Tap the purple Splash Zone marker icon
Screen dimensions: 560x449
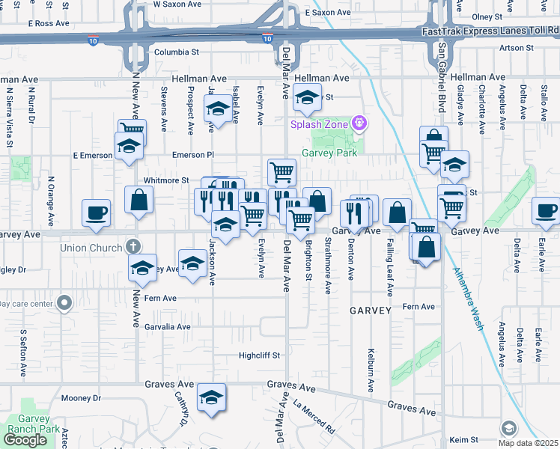[359, 121]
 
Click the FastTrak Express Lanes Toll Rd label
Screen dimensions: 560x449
[490, 31]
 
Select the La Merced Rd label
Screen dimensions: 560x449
[314, 416]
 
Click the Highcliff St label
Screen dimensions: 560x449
[259, 355]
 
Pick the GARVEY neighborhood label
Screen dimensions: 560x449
[370, 310]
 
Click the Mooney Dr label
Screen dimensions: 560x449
[81, 398]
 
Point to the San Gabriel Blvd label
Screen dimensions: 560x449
[442, 76]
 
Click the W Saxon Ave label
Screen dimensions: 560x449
[177, 4]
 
